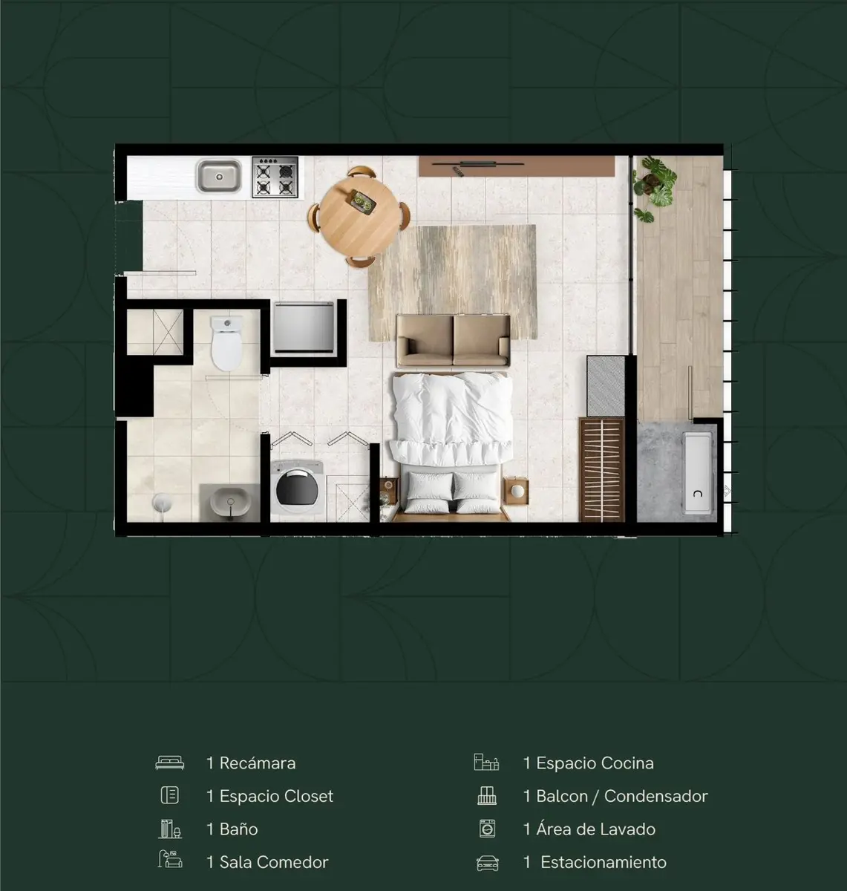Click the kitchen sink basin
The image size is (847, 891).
pos(219,176)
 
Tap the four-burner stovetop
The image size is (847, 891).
pos(275,177)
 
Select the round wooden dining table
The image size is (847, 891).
pos(359,217)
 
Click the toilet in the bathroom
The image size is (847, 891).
pos(226,344)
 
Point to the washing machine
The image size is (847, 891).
pos(297,487)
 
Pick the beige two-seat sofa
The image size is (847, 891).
pos(453,341)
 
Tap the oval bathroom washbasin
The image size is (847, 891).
pos(230,503)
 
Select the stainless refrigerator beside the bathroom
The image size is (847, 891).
pos(304,327)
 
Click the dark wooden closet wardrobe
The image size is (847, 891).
pos(602,469)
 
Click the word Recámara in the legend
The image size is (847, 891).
pos(258,763)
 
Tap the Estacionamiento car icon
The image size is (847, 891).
pos(487,863)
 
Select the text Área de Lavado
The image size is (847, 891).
pos(595,829)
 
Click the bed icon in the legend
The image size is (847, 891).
pos(169,763)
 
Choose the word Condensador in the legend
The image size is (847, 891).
pos(655,796)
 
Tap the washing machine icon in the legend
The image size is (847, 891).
pos(487,829)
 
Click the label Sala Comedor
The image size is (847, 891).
pos(274,862)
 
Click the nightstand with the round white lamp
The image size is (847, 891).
pos(516,491)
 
